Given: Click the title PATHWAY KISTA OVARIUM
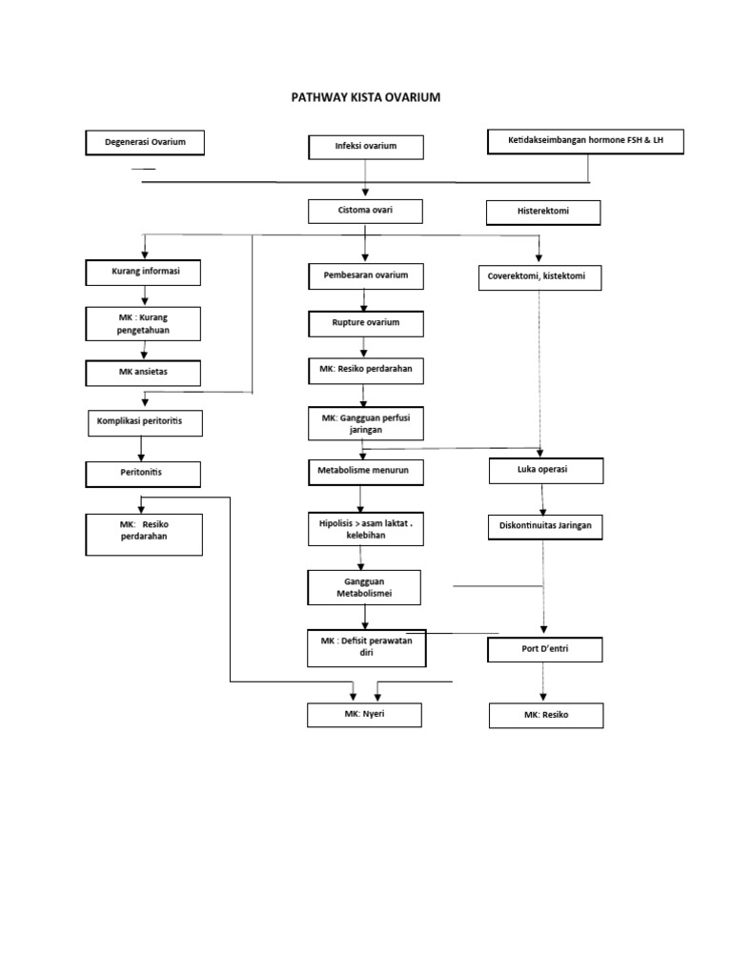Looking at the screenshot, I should pyautogui.click(x=365, y=97).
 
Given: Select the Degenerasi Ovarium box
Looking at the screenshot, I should pyautogui.click(x=145, y=143).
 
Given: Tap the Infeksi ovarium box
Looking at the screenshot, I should pyautogui.click(x=365, y=147).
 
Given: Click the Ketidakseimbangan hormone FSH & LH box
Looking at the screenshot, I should pyautogui.click(x=585, y=141).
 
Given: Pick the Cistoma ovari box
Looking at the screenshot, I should pyautogui.click(x=365, y=211).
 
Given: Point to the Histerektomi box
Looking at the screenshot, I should pyautogui.click(x=543, y=212).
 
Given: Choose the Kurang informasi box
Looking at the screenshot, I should pyautogui.click(x=144, y=273).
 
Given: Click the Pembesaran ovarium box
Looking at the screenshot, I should pyautogui.click(x=365, y=276).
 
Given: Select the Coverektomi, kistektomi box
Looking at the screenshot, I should pyautogui.click(x=539, y=277).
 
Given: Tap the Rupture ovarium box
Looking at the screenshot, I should pyautogui.click(x=365, y=324).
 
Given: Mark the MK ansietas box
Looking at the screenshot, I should pyautogui.click(x=144, y=372).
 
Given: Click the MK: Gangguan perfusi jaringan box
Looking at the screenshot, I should pyautogui.click(x=365, y=424).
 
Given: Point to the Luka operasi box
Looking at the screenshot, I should pyautogui.click(x=545, y=471).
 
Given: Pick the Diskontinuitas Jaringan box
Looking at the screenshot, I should pyautogui.click(x=545, y=526).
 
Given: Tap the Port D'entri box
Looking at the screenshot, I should pyautogui.click(x=545, y=650).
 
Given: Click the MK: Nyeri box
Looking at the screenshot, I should pyautogui.click(x=365, y=715).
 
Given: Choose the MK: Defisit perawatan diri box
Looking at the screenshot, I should pyautogui.click(x=366, y=648).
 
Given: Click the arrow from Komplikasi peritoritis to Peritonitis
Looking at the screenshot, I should pyautogui.click(x=142, y=449).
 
